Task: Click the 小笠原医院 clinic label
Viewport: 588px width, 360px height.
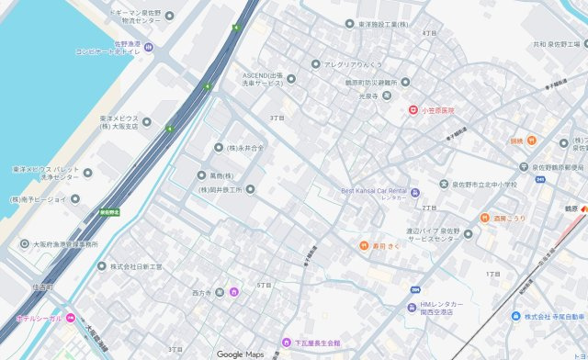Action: pyautogui.click(x=437, y=110)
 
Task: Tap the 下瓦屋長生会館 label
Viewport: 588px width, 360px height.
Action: pyautogui.click(x=316, y=343)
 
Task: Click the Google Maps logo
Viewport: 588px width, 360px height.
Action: pyautogui.click(x=240, y=354)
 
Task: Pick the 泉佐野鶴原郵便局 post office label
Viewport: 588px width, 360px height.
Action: pyautogui.click(x=557, y=167)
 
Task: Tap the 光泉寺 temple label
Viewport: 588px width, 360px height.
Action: pyautogui.click(x=368, y=96)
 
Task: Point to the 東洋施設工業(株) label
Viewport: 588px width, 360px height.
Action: pyautogui.click(x=384, y=24)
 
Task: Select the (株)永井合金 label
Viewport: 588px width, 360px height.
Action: pyautogui.click(x=245, y=147)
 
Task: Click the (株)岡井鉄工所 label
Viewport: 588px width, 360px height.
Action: pyautogui.click(x=220, y=190)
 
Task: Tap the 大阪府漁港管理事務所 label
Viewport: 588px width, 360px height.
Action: pyautogui.click(x=65, y=244)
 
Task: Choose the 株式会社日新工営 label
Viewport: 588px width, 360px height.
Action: pyautogui.click(x=136, y=266)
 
